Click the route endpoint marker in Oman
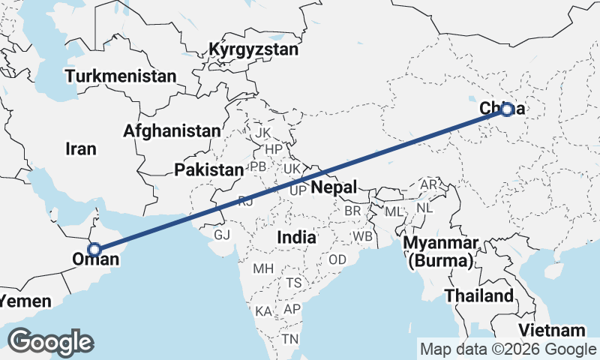pyautogui.click(x=94, y=250)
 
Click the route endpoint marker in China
pyautogui.click(x=507, y=109)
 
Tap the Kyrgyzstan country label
pyautogui.click(x=253, y=50)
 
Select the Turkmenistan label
pyautogui.click(x=121, y=76)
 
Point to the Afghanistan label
pyautogui.click(x=172, y=131)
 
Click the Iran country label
pyautogui.click(x=81, y=149)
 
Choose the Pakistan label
pyautogui.click(x=209, y=170)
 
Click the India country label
pyautogui.click(x=296, y=237)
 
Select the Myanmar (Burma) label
pyautogui.click(x=441, y=253)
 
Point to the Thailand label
pyautogui.click(x=479, y=295)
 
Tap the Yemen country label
pyautogui.click(x=25, y=301)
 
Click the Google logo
pyautogui.click(x=50, y=341)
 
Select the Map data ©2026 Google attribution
pyautogui.click(x=507, y=349)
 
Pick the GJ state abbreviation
pyautogui.click(x=222, y=235)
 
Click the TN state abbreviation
pyautogui.click(x=290, y=340)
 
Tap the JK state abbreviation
pyautogui.click(x=262, y=133)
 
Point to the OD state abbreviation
pyautogui.click(x=337, y=259)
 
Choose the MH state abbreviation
pyautogui.click(x=263, y=268)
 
